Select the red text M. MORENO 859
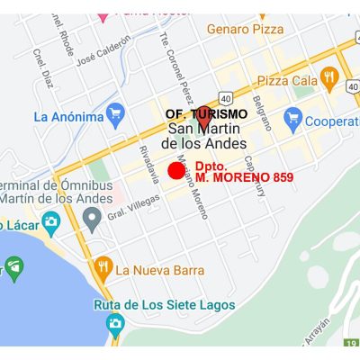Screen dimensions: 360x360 pos(244,177)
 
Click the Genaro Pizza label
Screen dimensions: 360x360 pos(246,30)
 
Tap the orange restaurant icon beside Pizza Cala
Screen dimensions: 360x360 pos(328,78)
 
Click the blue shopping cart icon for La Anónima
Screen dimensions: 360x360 pos(113,114)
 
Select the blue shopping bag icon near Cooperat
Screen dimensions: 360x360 pos(292,117)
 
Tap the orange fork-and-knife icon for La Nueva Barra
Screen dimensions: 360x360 pos(103,268)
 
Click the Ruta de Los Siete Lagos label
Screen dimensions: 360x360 pos(165,305)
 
